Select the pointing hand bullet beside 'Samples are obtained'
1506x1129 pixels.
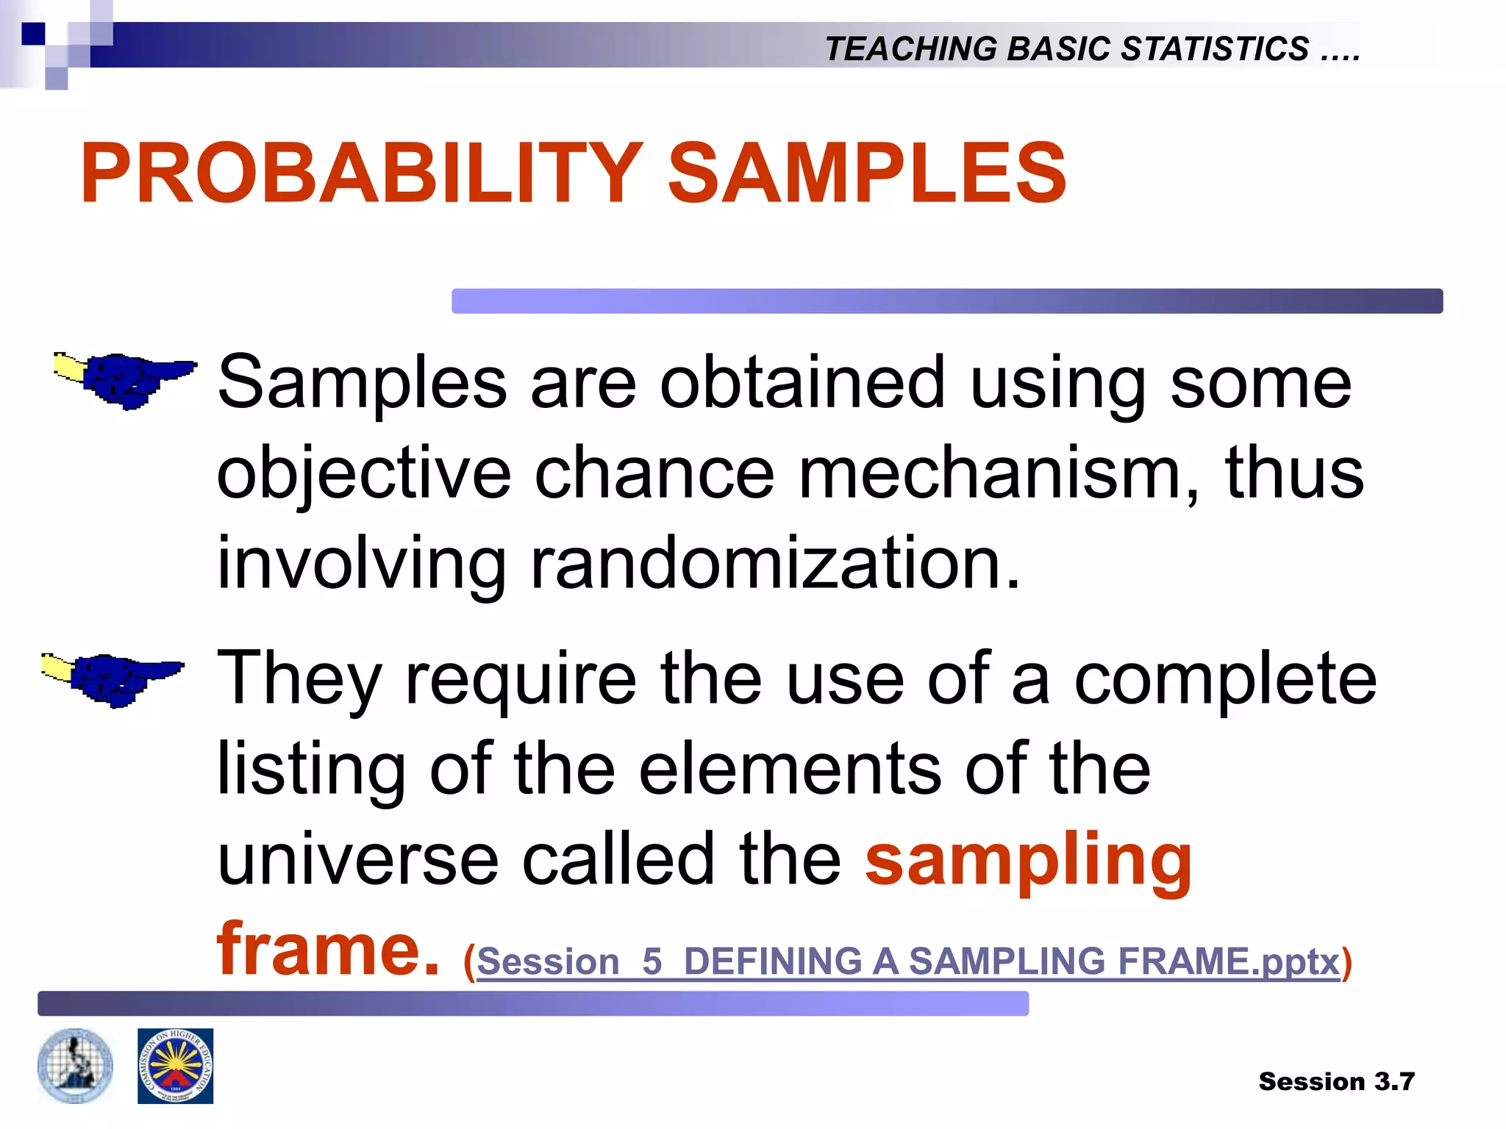pyautogui.click(x=125, y=379)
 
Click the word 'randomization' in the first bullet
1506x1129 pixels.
pyautogui.click(x=775, y=563)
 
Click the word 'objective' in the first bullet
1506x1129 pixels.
pyautogui.click(x=364, y=474)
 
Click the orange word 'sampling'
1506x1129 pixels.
pyautogui.click(x=1028, y=860)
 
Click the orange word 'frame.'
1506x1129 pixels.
pyautogui.click(x=328, y=950)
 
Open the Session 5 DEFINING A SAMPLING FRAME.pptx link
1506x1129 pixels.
pyautogui.click(x=908, y=961)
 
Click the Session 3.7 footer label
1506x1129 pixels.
pyautogui.click(x=1336, y=1081)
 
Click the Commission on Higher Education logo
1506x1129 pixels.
pyautogui.click(x=175, y=1066)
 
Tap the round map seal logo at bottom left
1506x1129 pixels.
pyautogui.click(x=75, y=1066)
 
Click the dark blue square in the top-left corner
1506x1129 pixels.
pyautogui.click(x=33, y=34)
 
